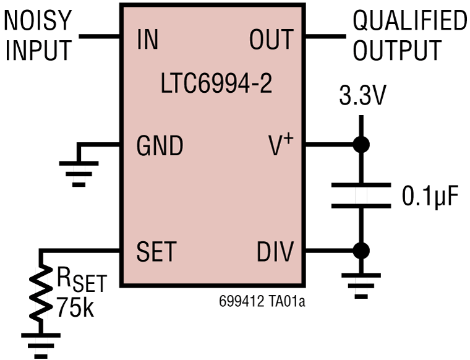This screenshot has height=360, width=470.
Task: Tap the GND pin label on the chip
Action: [x=160, y=147]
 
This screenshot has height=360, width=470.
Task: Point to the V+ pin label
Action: [x=280, y=146]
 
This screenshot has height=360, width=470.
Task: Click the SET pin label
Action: [x=156, y=252]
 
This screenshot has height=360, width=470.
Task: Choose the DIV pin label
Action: [x=275, y=252]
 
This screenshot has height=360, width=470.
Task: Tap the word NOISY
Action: [x=38, y=21]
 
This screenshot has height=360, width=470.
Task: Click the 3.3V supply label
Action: [x=362, y=97]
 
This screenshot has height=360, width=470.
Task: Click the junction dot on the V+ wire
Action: [x=361, y=145]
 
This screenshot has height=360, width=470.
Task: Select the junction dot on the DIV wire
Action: [x=361, y=251]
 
